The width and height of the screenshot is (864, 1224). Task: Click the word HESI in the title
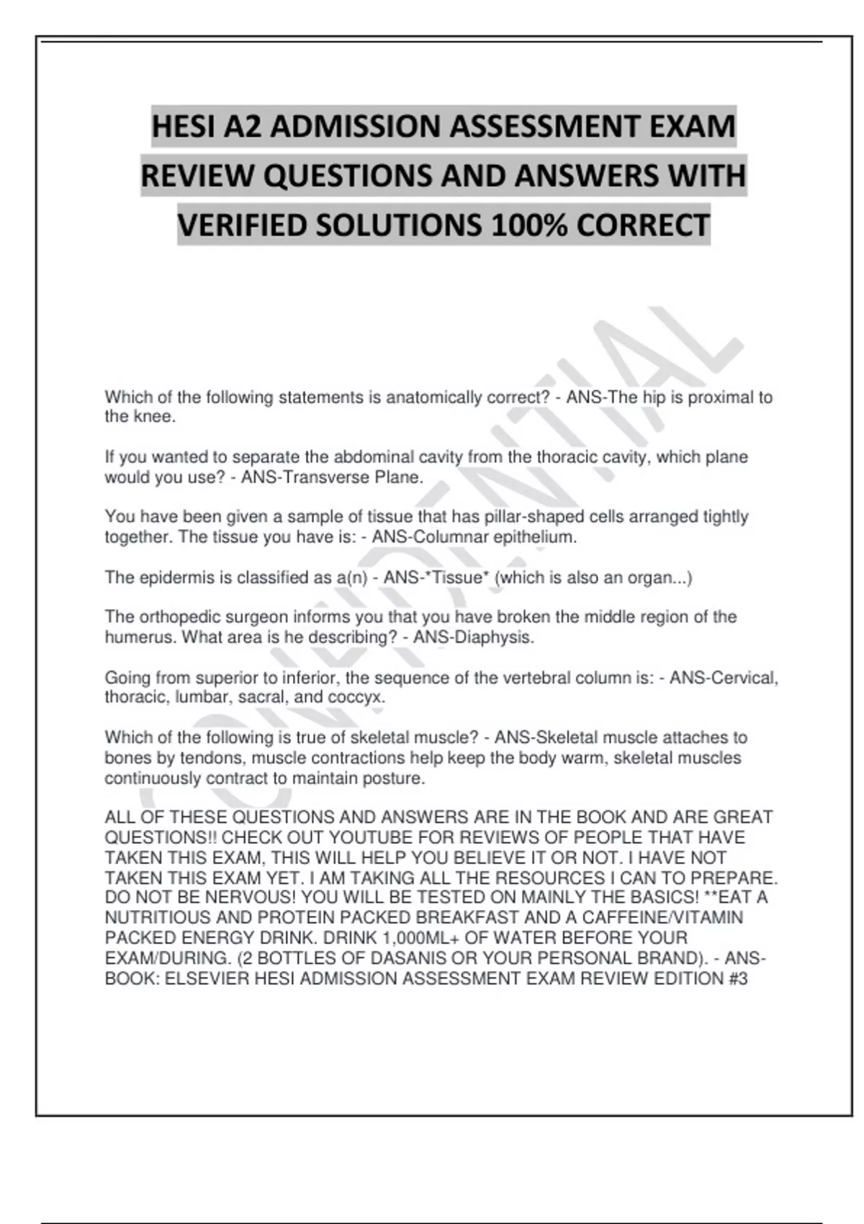pos(184,127)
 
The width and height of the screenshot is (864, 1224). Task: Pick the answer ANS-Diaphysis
pos(473,637)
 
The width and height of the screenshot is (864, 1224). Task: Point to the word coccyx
pos(356,698)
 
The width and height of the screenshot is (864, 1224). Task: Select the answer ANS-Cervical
pos(723,678)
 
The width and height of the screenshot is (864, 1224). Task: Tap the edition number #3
pos(738,978)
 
